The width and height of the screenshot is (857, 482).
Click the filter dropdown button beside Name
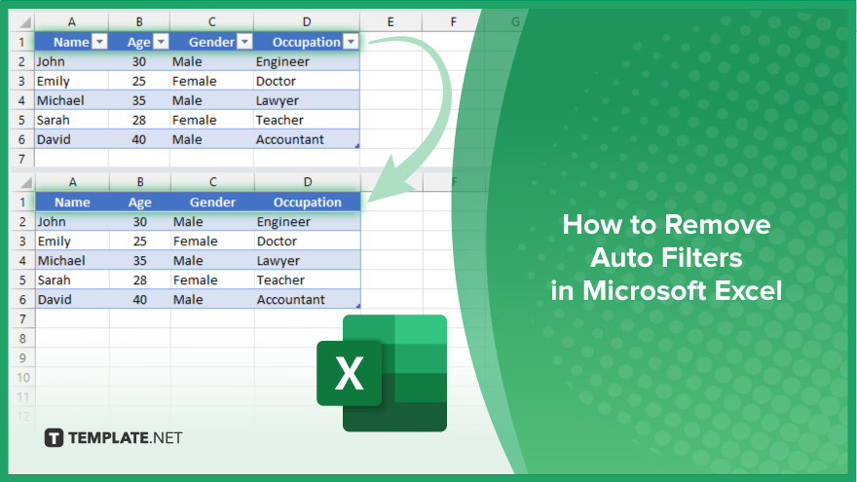(99, 42)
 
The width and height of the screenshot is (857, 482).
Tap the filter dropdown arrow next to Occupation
(351, 42)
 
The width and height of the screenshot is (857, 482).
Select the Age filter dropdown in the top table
(161, 42)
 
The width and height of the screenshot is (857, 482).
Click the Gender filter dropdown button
(244, 42)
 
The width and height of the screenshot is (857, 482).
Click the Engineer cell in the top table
(282, 61)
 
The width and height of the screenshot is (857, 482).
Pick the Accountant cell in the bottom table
(291, 300)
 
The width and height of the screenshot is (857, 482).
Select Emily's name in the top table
(53, 82)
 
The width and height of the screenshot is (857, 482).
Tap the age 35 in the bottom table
(140, 261)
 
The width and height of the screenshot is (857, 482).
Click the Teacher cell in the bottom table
(280, 280)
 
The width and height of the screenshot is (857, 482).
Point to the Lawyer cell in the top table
(278, 101)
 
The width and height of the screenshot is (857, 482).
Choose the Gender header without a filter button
(212, 203)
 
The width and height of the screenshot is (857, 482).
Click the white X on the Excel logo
(349, 374)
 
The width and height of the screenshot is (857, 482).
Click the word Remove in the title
(717, 225)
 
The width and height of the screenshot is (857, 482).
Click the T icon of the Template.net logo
(54, 438)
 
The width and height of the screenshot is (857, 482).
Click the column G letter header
(515, 21)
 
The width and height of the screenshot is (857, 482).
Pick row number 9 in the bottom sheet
(22, 358)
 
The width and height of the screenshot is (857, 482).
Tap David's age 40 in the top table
(139, 140)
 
